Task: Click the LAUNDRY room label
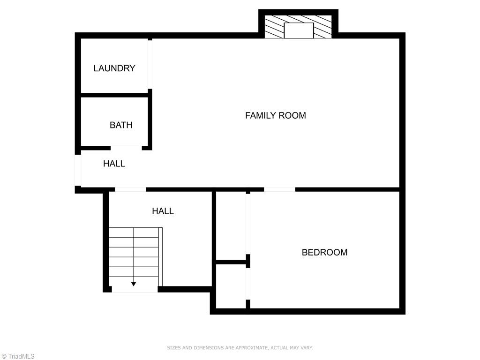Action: [114, 68]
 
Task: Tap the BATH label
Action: [121, 125]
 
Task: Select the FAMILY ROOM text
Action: [275, 115]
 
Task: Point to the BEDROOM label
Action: [324, 252]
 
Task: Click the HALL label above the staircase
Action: [163, 211]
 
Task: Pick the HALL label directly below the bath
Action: [114, 164]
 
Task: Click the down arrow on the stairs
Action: [134, 284]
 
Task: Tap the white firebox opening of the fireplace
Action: [299, 31]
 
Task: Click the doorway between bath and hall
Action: [126, 148]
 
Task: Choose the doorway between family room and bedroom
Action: [279, 189]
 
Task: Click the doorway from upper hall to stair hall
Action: [130, 189]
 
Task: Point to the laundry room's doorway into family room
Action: [150, 65]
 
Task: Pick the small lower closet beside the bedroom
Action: [231, 286]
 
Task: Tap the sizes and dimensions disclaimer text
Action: [240, 348]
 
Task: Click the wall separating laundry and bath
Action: [115, 95]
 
